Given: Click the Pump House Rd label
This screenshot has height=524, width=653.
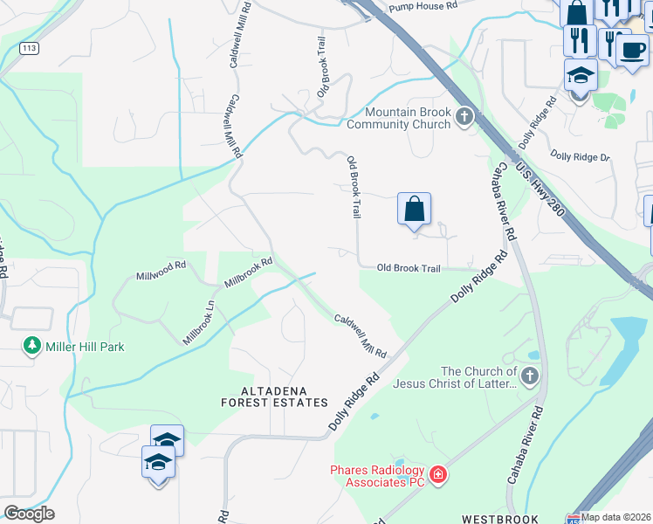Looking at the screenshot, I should tap(423, 5).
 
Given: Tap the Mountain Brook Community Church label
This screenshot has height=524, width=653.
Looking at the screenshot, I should tap(408, 118).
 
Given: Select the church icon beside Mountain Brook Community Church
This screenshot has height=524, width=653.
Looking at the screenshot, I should tap(465, 115).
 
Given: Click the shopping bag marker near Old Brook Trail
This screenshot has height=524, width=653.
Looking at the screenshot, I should tap(414, 210).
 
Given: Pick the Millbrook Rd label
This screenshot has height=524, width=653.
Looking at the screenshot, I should tap(249, 272).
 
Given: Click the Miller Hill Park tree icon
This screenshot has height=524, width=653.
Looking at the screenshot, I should tap(33, 346).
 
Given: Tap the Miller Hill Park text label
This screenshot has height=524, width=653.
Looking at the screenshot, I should tap(84, 347).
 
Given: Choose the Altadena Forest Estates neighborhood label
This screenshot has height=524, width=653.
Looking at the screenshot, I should tap(274, 396).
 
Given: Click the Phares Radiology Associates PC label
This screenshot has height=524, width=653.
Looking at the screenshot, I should tap(377, 476).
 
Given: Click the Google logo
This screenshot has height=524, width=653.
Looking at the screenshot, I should tap(29, 514).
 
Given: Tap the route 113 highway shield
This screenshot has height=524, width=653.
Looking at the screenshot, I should tap(31, 49).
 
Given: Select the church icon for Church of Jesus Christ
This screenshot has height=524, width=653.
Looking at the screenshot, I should tap(530, 377).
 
